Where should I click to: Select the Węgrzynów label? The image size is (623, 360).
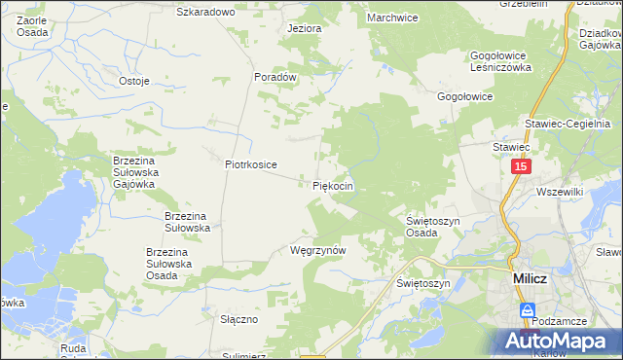click(318, 250)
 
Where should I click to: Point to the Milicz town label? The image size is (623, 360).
click(532, 278)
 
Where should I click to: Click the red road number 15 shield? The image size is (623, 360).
click(521, 168)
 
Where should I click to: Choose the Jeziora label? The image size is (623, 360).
click(304, 28)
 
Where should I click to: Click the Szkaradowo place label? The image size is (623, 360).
click(205, 12)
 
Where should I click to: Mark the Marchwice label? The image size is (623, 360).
click(391, 18)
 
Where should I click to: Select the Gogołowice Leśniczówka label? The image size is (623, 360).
click(499, 61)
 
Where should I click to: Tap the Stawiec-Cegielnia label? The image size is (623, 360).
click(567, 124)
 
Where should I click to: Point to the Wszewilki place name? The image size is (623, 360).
click(559, 193)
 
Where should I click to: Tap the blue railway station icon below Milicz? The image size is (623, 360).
click(527, 310)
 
